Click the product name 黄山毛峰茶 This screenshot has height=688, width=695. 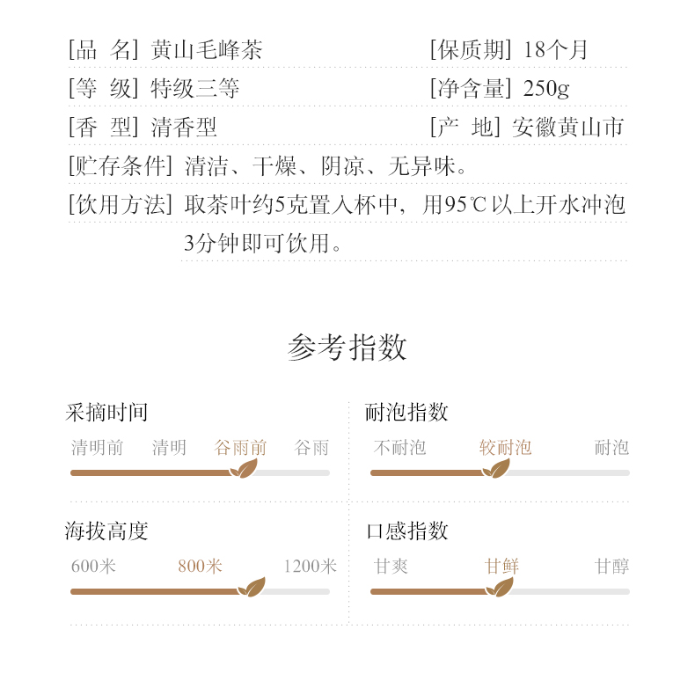click(206, 50)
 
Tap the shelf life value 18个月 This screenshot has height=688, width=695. click(555, 50)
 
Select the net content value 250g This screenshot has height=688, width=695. click(546, 89)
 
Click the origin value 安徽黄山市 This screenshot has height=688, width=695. click(567, 128)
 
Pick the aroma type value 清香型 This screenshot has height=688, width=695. click(183, 128)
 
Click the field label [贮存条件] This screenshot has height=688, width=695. click(121, 166)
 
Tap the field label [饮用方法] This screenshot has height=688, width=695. click(121, 205)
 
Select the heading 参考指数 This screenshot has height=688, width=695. click(347, 348)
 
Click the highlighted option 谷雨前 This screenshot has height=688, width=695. click(240, 448)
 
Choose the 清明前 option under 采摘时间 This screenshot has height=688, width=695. click(97, 448)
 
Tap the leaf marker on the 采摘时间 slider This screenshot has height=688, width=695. click(244, 469)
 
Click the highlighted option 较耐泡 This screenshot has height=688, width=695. click(505, 448)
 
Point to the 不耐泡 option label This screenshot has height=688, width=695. click(399, 448)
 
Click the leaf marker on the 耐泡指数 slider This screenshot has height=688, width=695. click(496, 469)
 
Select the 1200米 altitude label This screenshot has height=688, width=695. click(310, 567)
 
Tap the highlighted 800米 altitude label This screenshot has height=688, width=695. click(200, 567)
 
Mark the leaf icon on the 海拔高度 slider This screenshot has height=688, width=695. click(252, 588)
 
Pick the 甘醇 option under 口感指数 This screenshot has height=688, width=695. click(611, 567)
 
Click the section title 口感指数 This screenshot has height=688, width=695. click(406, 531)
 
